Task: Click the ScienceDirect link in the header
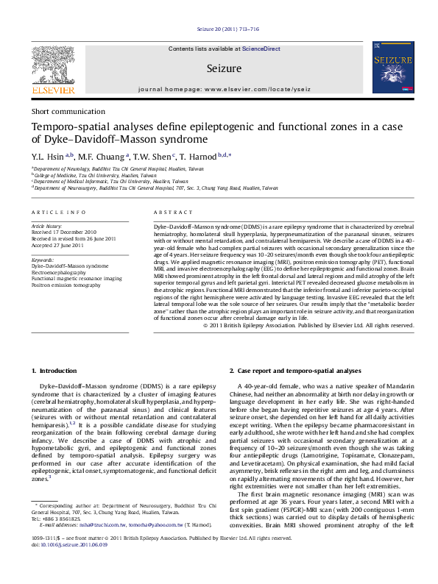[x=261, y=49]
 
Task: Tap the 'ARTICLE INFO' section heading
[x=54, y=212]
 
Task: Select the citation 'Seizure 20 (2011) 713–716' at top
[x=228, y=29]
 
